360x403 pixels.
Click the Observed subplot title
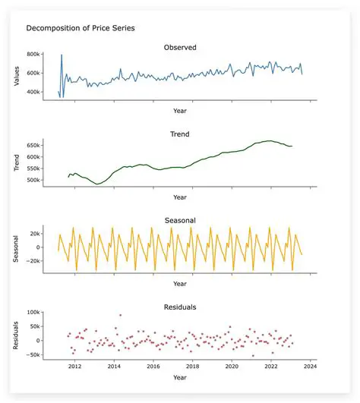(x=180, y=48)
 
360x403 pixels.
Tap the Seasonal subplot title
(x=180, y=221)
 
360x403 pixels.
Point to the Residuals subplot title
(x=180, y=307)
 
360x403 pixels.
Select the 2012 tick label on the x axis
(x=74, y=367)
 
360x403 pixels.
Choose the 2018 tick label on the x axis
(x=192, y=367)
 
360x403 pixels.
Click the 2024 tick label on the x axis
(x=310, y=367)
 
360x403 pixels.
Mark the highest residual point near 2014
(x=120, y=315)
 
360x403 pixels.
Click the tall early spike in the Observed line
(x=62, y=55)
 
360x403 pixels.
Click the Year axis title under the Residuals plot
(x=180, y=377)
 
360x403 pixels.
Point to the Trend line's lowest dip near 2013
(x=97, y=184)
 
